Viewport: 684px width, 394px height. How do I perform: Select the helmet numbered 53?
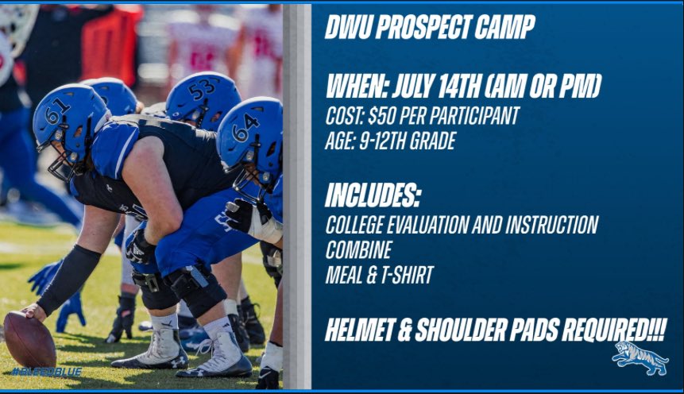pyautogui.click(x=202, y=98)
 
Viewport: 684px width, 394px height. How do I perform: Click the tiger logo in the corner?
pyautogui.click(x=640, y=358)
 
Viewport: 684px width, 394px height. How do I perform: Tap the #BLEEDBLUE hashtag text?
pyautogui.click(x=47, y=372)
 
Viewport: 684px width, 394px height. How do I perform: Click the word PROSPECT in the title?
pyautogui.click(x=422, y=28)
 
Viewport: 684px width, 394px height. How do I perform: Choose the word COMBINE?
pyautogui.click(x=358, y=250)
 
